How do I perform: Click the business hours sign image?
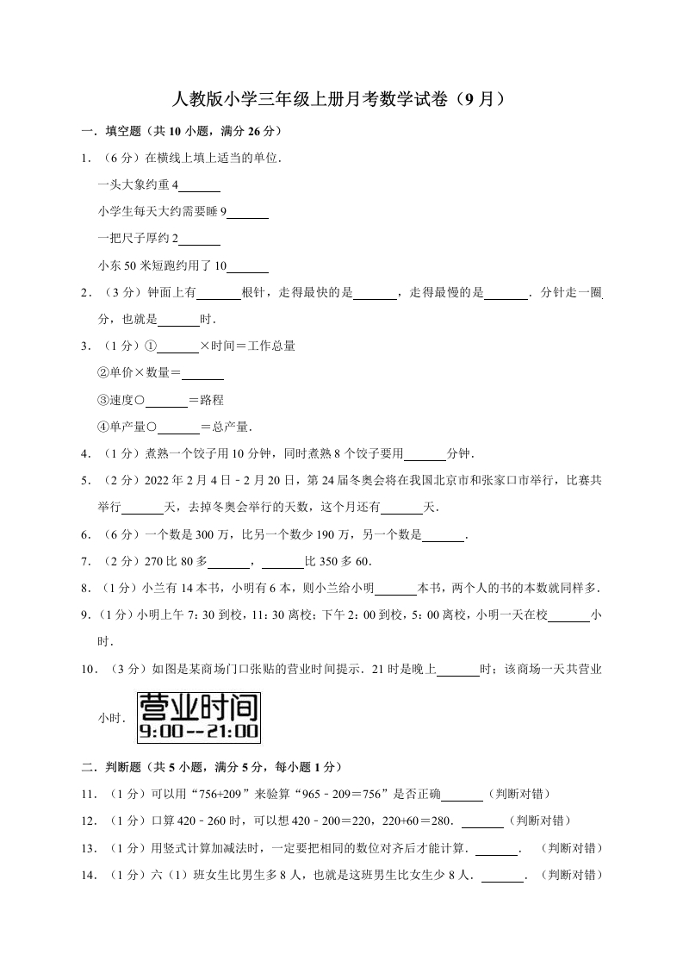198,717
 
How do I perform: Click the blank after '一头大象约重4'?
200,187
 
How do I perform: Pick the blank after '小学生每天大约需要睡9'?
248,214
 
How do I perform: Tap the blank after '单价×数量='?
203,375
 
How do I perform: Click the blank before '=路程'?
166,402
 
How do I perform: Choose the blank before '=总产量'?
178,428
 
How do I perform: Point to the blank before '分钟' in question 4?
425,455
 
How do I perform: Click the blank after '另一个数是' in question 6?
443,536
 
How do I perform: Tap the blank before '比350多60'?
283,563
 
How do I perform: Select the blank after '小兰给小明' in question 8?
397,590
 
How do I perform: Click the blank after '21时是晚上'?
458,670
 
